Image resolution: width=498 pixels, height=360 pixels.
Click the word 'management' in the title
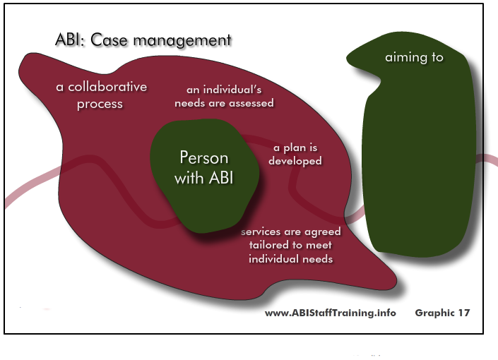182,41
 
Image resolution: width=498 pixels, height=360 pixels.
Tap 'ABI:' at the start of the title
70,40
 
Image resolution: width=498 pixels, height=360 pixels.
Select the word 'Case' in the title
109,40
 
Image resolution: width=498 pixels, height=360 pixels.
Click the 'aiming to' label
414,57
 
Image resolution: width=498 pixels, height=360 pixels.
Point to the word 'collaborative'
107,87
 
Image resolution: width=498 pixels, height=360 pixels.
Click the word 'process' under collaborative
100,104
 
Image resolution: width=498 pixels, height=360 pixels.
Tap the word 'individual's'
232,90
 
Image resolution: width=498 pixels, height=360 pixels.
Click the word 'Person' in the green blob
204,157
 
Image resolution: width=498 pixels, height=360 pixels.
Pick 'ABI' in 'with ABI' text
221,177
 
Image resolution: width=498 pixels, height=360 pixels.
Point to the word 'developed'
295,161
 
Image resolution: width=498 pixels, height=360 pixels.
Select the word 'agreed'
322,232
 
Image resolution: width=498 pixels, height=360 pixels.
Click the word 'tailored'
269,245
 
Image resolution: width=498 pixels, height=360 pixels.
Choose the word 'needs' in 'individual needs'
317,259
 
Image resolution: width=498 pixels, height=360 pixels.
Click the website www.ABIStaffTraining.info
331,313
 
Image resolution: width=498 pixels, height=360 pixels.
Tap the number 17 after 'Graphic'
463,313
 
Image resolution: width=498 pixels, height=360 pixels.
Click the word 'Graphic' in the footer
434,313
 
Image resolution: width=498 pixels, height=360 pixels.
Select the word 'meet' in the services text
319,246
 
